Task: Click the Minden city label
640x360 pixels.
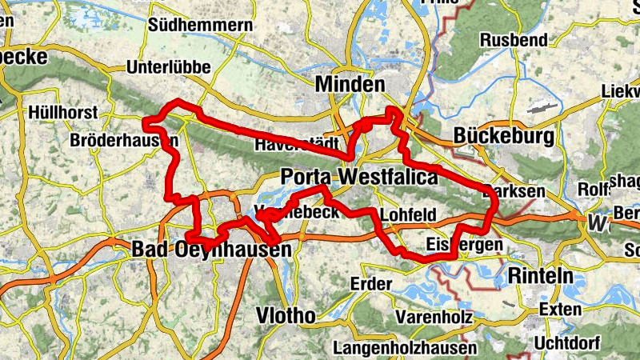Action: tap(350, 83)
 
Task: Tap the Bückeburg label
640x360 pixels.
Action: tap(503, 137)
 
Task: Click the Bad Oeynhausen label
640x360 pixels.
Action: tap(210, 250)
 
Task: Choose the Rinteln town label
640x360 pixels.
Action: tap(540, 276)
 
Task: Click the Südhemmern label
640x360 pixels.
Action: tap(200, 25)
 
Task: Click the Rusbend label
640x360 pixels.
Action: tap(514, 40)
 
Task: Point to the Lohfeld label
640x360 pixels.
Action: tap(408, 215)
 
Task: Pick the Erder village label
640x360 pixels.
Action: tap(371, 284)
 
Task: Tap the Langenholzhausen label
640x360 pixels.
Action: tap(405, 348)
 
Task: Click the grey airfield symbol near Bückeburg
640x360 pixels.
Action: tap(541, 106)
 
